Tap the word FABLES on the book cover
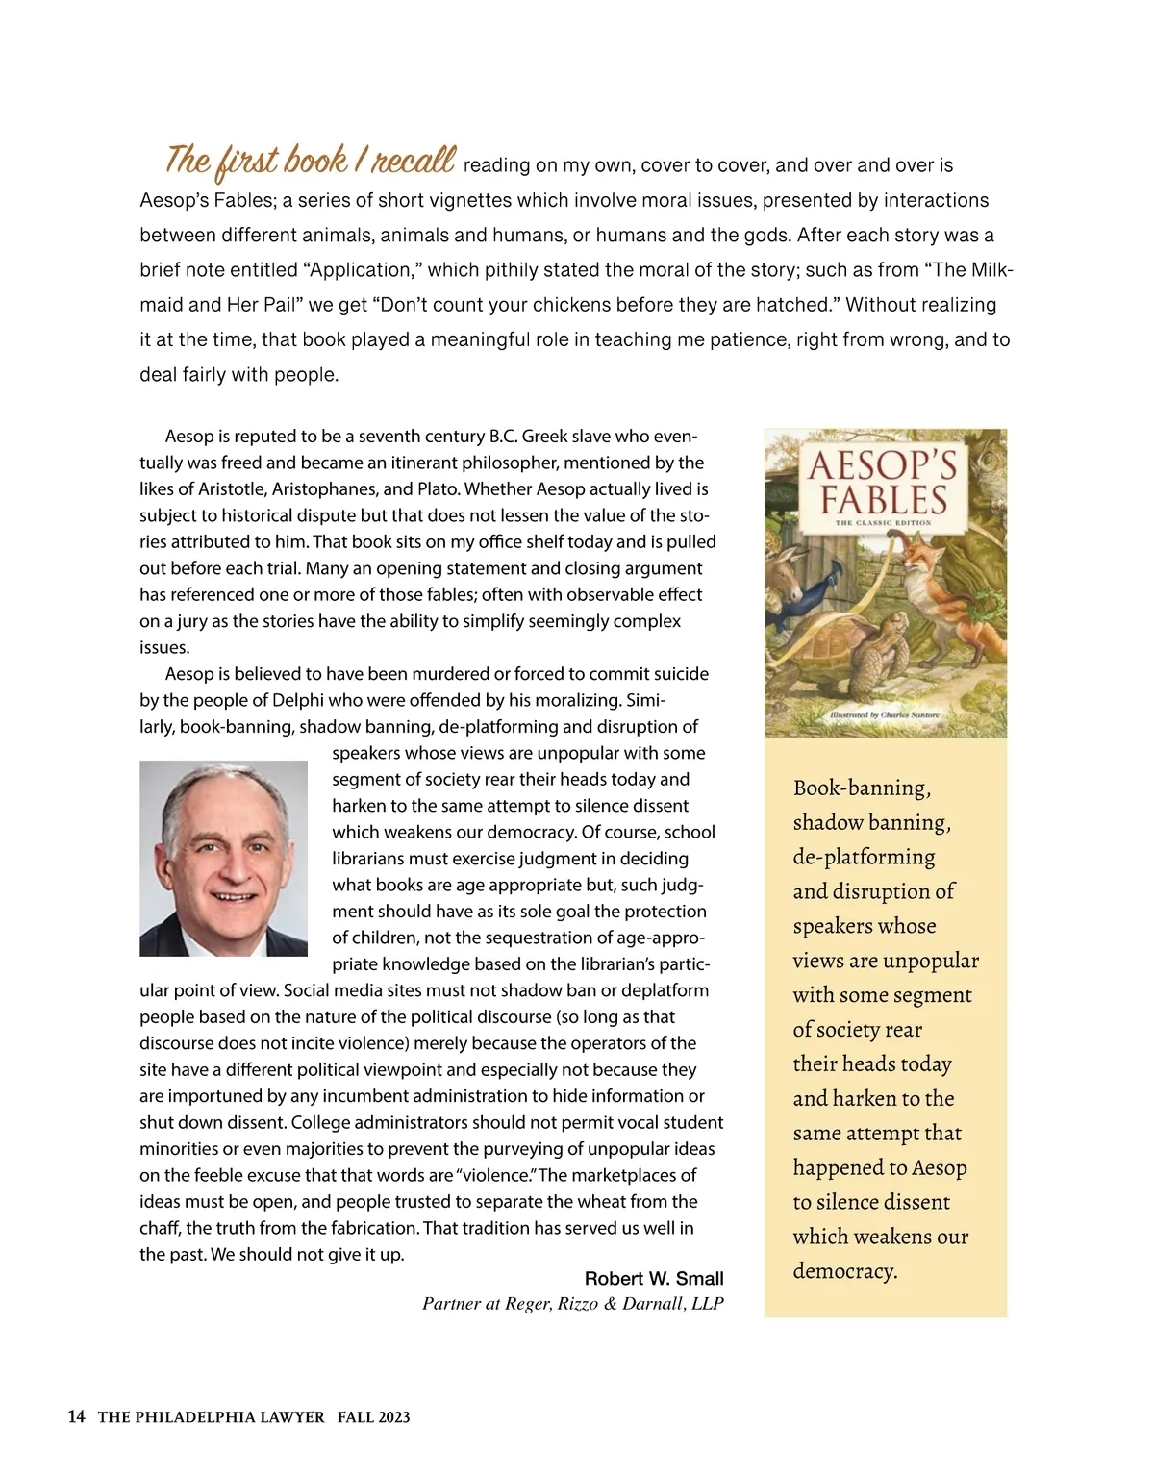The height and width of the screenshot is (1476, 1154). (883, 500)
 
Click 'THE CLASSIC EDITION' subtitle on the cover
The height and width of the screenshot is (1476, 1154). (883, 522)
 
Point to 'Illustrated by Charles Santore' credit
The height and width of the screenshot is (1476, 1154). (884, 716)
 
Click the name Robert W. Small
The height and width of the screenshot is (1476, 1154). (654, 1278)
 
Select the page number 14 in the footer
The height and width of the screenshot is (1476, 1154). (77, 1416)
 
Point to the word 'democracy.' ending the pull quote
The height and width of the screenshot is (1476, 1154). (845, 1271)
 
